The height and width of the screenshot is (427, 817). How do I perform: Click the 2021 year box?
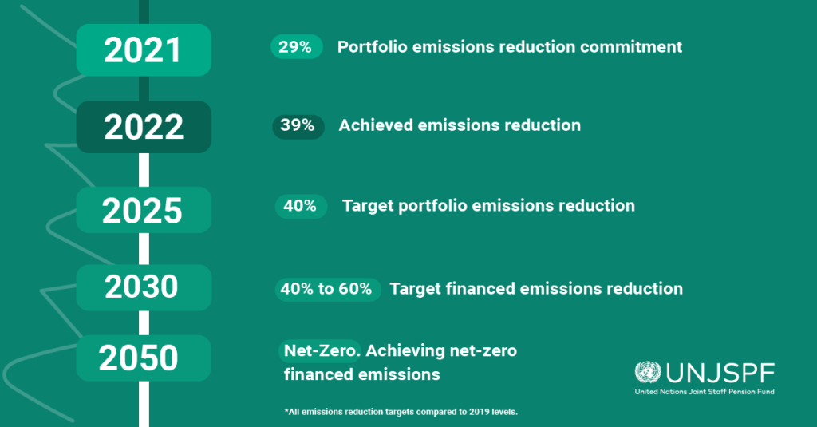pos(144,50)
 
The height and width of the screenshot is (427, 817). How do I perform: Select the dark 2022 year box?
pos(144,127)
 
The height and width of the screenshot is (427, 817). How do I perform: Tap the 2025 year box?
pos(144,210)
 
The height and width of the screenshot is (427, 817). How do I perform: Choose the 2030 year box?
pos(144,287)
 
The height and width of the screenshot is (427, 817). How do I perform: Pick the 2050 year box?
pos(144,358)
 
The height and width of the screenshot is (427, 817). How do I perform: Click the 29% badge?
pos(297,47)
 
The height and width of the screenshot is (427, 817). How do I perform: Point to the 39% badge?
pos(298,126)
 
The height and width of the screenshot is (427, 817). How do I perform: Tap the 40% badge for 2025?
pos(301,206)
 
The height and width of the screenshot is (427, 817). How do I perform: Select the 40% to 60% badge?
pos(328,290)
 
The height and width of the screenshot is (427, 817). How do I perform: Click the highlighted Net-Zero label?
pos(320,351)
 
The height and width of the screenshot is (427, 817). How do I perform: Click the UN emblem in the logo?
pos(648,373)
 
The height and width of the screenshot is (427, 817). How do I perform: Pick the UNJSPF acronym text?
pos(720,374)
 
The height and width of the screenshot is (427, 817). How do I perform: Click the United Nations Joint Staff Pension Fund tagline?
pos(705,392)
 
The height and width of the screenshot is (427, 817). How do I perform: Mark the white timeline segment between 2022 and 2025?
pos(144,170)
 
